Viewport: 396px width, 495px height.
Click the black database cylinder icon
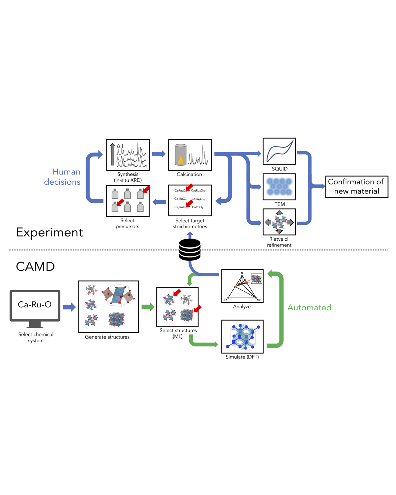(x=190, y=250)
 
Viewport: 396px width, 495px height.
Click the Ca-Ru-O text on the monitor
(x=35, y=304)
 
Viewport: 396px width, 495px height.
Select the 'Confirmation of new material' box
(x=357, y=186)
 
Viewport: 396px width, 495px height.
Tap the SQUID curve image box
(x=279, y=151)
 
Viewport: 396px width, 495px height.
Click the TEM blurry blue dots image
(x=279, y=187)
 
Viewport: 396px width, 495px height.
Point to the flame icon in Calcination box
(x=181, y=160)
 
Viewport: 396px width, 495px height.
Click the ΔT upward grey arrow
(x=112, y=154)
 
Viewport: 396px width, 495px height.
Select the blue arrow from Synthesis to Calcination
(x=159, y=154)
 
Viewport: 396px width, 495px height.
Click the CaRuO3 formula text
(x=197, y=207)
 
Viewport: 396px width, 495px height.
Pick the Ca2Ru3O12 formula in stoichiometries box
(x=199, y=191)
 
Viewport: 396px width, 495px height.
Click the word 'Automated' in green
(x=309, y=307)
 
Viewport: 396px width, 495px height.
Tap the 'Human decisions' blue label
(x=63, y=177)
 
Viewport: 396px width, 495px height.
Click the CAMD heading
(x=35, y=266)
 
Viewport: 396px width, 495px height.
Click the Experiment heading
(x=49, y=232)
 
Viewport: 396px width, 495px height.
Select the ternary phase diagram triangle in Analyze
(x=242, y=287)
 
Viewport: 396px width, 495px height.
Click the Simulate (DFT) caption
(x=242, y=357)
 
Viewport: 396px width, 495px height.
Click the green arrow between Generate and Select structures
(x=148, y=307)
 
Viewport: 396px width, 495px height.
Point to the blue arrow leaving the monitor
(x=69, y=307)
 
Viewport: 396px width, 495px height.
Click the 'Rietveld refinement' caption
(x=279, y=242)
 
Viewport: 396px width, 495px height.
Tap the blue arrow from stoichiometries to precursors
(x=159, y=202)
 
